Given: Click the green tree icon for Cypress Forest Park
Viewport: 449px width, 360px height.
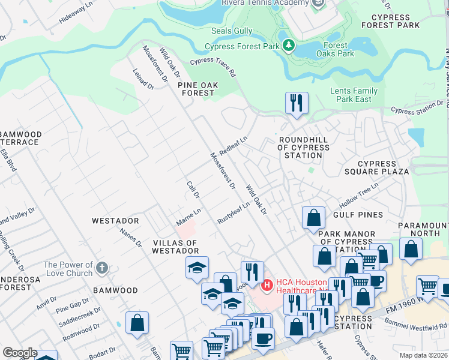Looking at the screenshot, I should [x=289, y=46].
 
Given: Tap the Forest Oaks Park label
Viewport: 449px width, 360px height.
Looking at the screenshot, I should [x=336, y=49].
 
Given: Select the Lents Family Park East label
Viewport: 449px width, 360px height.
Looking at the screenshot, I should [x=354, y=95].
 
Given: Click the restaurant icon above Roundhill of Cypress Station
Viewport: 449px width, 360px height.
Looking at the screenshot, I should [x=297, y=103].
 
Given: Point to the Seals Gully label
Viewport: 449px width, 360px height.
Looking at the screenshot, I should [x=231, y=31].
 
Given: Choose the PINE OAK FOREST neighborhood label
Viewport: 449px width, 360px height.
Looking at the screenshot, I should [x=196, y=89].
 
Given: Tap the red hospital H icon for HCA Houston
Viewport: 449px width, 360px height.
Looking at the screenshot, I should [x=267, y=284].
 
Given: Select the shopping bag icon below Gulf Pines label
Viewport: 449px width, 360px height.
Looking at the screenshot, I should [x=313, y=217].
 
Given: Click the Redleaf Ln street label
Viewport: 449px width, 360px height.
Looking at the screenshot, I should [x=234, y=146].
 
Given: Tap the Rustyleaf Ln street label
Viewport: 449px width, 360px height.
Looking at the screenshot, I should [x=234, y=212].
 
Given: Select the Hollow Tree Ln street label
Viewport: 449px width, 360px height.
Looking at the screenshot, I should [x=359, y=194].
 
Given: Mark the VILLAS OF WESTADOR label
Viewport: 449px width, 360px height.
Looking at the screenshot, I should [x=175, y=247].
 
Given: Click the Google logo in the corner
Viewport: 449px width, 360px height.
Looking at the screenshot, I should [x=20, y=353].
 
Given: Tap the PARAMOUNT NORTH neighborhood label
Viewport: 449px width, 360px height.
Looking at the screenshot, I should [x=423, y=229].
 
